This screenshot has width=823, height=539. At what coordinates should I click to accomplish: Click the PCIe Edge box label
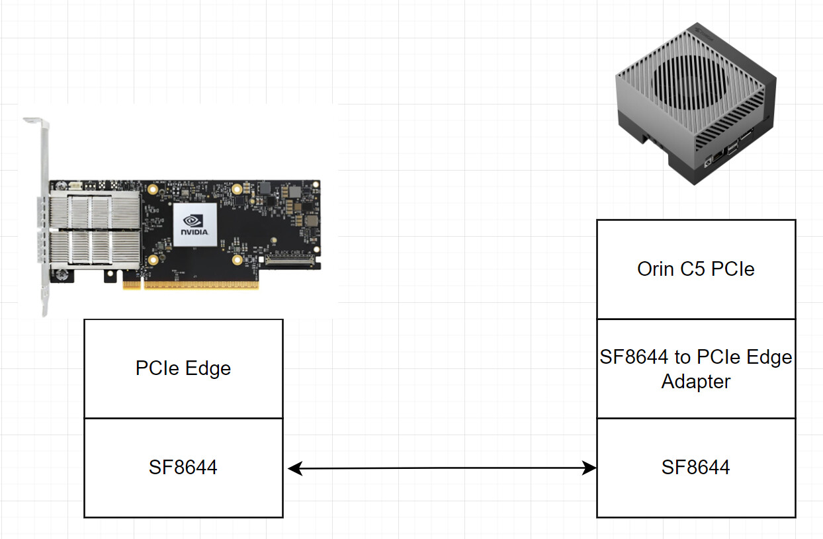183,368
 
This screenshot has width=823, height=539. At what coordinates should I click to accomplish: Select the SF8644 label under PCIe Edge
183,468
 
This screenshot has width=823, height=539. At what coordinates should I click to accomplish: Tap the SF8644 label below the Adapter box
695,468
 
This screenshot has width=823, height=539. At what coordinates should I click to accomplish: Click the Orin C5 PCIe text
695,269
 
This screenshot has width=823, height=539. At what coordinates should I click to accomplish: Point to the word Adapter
695,382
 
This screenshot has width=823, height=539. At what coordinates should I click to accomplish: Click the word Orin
656,269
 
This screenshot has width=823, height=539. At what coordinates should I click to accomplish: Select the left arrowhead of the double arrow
295,468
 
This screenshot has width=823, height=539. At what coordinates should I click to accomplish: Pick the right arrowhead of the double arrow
589,468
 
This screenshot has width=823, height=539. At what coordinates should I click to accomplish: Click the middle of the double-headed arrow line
443,468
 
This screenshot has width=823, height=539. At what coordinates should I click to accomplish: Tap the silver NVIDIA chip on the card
195,225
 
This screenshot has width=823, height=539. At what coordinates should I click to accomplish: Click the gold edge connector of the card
191,285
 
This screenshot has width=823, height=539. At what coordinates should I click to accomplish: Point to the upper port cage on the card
95,210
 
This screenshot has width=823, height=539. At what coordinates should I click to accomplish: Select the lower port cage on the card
95,248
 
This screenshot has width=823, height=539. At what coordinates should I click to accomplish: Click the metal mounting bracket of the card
43,217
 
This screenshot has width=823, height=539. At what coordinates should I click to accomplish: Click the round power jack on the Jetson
707,161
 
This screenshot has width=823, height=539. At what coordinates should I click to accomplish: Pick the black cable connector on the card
290,261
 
